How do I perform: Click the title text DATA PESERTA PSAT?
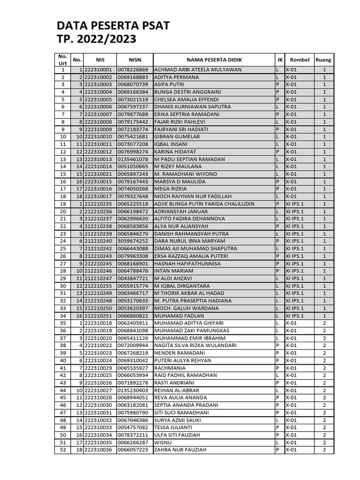113,25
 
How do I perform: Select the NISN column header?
135,60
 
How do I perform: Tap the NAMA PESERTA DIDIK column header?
214,60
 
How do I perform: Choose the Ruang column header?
323,60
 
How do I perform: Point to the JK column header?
279,60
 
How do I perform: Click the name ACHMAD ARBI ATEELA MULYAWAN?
198,70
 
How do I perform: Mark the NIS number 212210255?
98,286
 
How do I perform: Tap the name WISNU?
163,442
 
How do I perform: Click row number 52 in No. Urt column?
63,450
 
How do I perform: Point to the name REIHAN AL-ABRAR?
176,390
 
